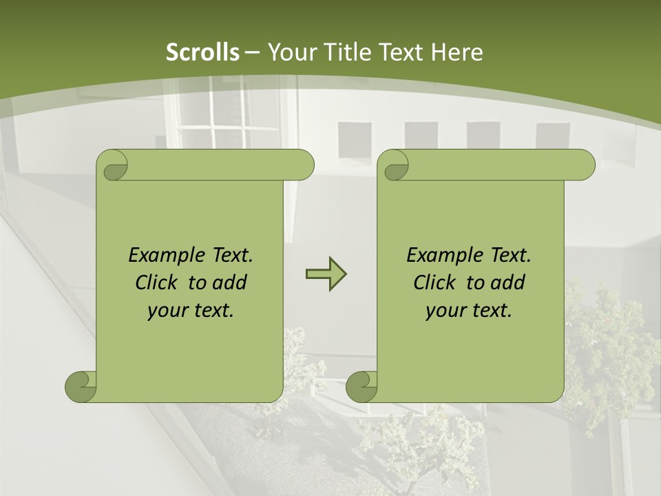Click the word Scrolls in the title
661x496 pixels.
[202, 52]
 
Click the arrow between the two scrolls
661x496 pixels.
[326, 274]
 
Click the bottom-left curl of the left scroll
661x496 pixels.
[81, 386]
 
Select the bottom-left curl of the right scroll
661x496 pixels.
[361, 386]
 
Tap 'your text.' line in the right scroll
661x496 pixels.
[469, 310]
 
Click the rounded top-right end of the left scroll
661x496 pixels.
[303, 165]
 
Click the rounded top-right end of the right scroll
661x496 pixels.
[584, 165]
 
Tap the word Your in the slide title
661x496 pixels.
[288, 52]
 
